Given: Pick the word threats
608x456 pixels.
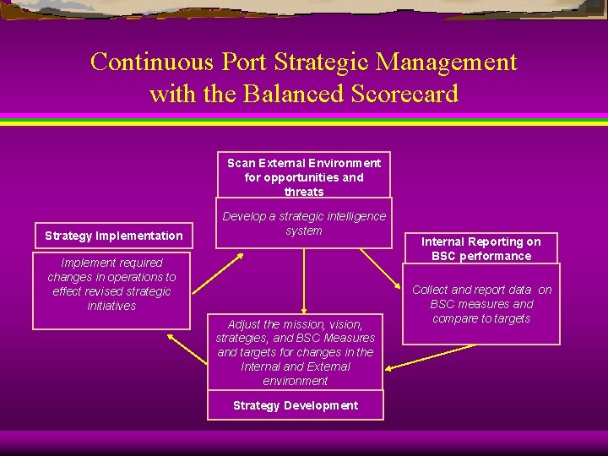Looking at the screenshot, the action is point(304,192).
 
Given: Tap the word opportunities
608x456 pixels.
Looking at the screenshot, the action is point(304,177).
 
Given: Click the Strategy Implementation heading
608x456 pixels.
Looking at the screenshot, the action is point(113,236).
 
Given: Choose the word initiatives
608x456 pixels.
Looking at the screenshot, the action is point(111,306).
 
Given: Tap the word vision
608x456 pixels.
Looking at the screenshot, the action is point(346,324).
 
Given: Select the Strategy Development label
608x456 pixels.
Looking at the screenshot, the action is point(296,405).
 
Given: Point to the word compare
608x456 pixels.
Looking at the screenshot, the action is point(455,318).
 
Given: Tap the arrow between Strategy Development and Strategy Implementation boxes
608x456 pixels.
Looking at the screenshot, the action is point(187,348).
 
